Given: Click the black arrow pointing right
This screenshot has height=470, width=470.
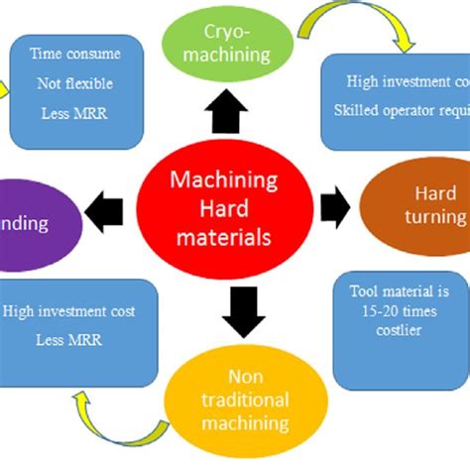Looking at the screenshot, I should (336, 205).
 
